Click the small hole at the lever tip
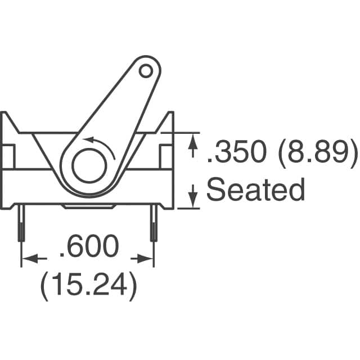click(146, 71)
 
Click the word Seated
click(255, 190)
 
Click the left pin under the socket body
click(21, 224)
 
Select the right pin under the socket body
click(153, 224)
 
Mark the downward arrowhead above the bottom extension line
click(192, 197)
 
